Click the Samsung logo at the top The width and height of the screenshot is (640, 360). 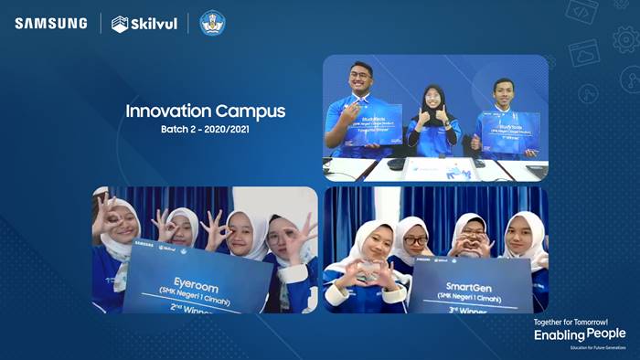(x=50, y=23)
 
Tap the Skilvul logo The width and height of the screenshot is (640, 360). (x=143, y=24)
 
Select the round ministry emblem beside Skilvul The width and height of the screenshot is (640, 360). (x=212, y=23)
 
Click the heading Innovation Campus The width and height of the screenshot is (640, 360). (x=205, y=111)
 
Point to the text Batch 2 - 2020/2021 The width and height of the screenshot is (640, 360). (x=205, y=130)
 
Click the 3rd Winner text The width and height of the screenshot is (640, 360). (x=470, y=308)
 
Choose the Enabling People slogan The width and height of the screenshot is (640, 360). (x=580, y=334)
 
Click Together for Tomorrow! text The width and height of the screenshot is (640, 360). (x=580, y=322)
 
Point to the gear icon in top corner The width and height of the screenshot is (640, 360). (x=624, y=38)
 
